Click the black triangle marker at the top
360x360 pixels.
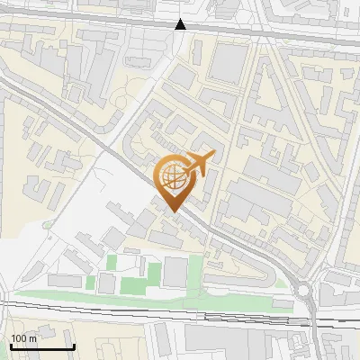coord(181,24)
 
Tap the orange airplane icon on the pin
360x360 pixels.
coord(198,164)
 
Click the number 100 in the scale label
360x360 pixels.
coord(20,337)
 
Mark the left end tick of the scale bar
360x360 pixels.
coord(11,346)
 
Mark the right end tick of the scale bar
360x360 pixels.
coord(74,346)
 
